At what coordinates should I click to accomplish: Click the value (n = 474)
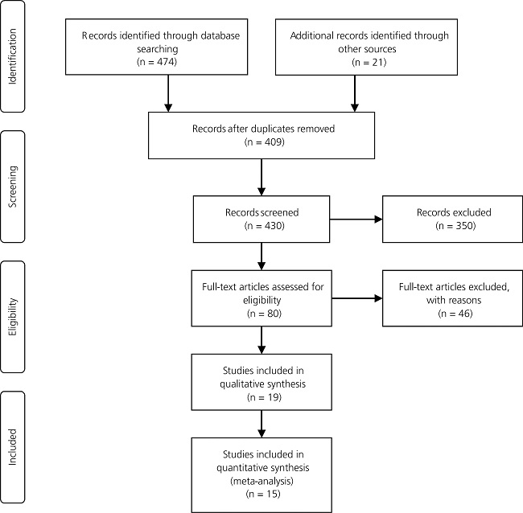pyautogui.click(x=167, y=60)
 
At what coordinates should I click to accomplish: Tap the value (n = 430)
pyautogui.click(x=261, y=228)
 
